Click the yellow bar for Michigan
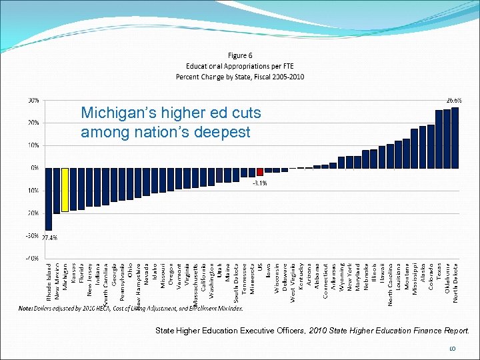65,189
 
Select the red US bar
261,171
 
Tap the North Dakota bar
455,137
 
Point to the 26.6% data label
454,100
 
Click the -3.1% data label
259,183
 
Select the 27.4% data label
50,237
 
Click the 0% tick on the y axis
33,167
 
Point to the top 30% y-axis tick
32,100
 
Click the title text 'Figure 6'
240,55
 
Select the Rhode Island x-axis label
49,283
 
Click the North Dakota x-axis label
456,282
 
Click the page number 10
451,348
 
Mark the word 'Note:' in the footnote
26,308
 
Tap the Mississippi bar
414,148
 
